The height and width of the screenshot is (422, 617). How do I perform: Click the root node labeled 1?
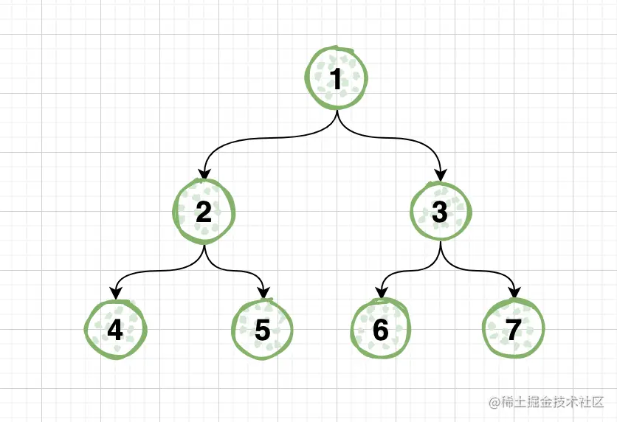[x=337, y=79]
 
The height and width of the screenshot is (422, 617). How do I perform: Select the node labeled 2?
[x=204, y=212]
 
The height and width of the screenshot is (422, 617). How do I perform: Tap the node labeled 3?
[x=440, y=212]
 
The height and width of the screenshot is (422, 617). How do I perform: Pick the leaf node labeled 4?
[x=116, y=330]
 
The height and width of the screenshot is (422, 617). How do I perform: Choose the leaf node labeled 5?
[x=263, y=330]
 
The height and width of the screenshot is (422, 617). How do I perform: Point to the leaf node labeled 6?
[x=381, y=330]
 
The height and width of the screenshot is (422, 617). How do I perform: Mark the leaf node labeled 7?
[x=514, y=330]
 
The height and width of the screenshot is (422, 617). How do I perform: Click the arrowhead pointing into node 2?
[x=204, y=174]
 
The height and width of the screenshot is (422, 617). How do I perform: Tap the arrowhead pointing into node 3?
[x=441, y=174]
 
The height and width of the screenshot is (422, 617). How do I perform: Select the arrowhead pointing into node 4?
[x=116, y=293]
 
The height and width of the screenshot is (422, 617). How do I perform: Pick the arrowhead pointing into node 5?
[x=263, y=293]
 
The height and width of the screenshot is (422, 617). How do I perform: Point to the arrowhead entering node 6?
[x=382, y=293]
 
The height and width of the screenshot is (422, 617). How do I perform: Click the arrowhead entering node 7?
[x=514, y=293]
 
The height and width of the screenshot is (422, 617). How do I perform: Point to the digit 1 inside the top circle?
[x=337, y=79]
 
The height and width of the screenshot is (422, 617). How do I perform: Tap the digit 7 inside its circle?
[x=514, y=330]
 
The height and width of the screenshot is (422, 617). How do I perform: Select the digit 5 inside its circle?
[x=263, y=330]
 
